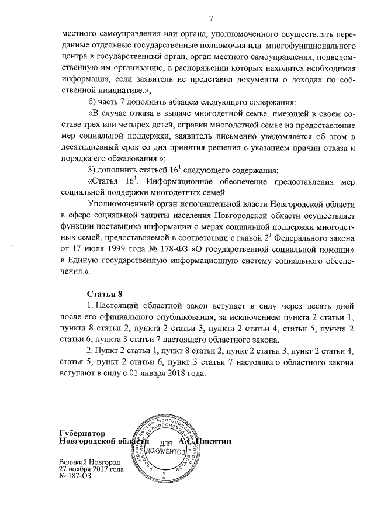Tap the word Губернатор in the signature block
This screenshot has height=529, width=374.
click(82, 433)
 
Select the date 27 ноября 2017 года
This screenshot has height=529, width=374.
click(91, 469)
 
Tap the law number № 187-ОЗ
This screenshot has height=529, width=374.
click(76, 476)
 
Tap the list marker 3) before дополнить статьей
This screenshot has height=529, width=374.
click(91, 170)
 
